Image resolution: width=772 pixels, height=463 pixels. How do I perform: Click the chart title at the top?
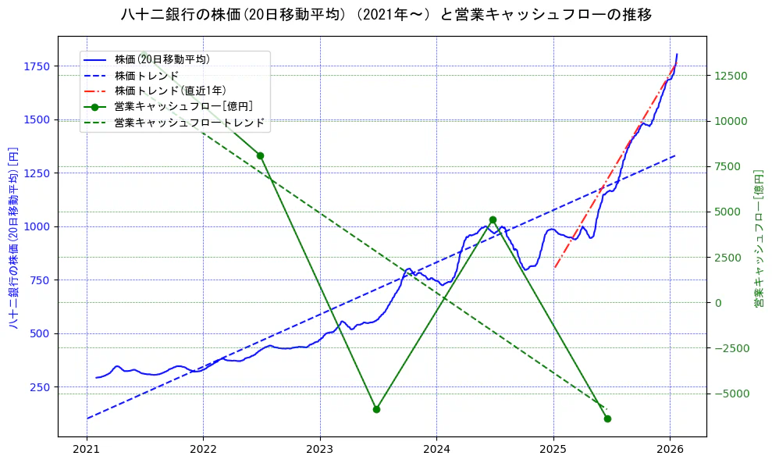pyautogui.click(x=386, y=15)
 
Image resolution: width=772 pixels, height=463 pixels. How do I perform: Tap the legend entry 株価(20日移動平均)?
pyautogui.click(x=162, y=59)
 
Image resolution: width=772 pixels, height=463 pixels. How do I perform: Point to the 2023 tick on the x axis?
pyautogui.click(x=320, y=449)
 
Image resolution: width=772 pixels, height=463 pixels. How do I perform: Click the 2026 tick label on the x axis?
pyautogui.click(x=670, y=449)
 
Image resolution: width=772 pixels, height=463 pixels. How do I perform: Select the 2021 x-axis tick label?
pyautogui.click(x=87, y=449)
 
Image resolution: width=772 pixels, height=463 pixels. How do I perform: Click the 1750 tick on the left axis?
pyautogui.click(x=37, y=66)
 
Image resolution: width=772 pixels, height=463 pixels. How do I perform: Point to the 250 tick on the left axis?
pyautogui.click(x=40, y=387)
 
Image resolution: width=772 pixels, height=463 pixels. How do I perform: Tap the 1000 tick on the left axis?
pyautogui.click(x=37, y=226)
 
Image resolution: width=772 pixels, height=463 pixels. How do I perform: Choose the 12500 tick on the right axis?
pyautogui.click(x=731, y=76)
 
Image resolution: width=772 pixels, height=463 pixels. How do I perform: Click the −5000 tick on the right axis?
pyautogui.click(x=731, y=394)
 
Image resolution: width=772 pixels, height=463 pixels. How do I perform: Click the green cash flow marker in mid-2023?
pyautogui.click(x=376, y=409)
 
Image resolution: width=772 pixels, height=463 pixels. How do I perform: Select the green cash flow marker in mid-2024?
pyautogui.click(x=493, y=220)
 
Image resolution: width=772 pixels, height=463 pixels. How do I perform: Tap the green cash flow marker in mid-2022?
pyautogui.click(x=260, y=155)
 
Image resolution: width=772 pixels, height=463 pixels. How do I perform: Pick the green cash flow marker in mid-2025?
pyautogui.click(x=607, y=418)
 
